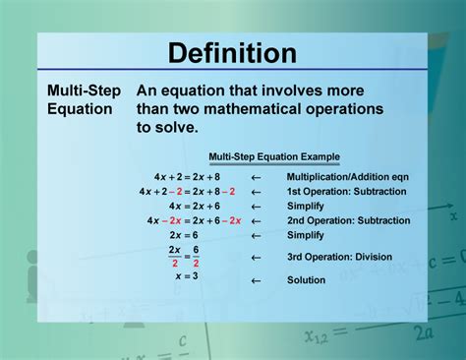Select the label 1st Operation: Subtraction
[x=341, y=192]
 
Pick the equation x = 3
[x=187, y=276]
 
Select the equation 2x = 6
[x=186, y=236]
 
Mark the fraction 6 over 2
[x=194, y=257]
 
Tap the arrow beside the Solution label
[x=256, y=281]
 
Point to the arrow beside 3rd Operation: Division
[x=256, y=258]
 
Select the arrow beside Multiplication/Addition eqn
[x=256, y=178]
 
